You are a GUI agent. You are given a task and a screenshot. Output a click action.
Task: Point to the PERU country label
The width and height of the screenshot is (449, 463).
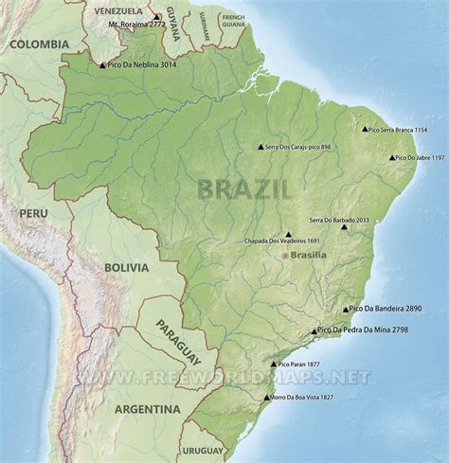click(x=33, y=214)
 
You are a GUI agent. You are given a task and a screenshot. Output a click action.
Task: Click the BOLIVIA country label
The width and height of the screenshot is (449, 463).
click(x=126, y=268)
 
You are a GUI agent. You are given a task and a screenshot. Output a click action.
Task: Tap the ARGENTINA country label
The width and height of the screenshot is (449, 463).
click(x=147, y=409)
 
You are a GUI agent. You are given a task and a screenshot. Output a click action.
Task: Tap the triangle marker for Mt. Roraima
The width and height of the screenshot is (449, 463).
click(x=156, y=17)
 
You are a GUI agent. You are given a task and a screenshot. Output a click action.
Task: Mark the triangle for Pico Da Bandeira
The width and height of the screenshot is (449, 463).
click(x=346, y=310)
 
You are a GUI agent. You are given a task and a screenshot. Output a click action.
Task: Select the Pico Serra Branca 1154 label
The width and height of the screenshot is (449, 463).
click(x=398, y=129)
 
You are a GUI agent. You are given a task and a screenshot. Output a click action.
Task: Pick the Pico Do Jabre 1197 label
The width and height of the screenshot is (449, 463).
click(x=419, y=158)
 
